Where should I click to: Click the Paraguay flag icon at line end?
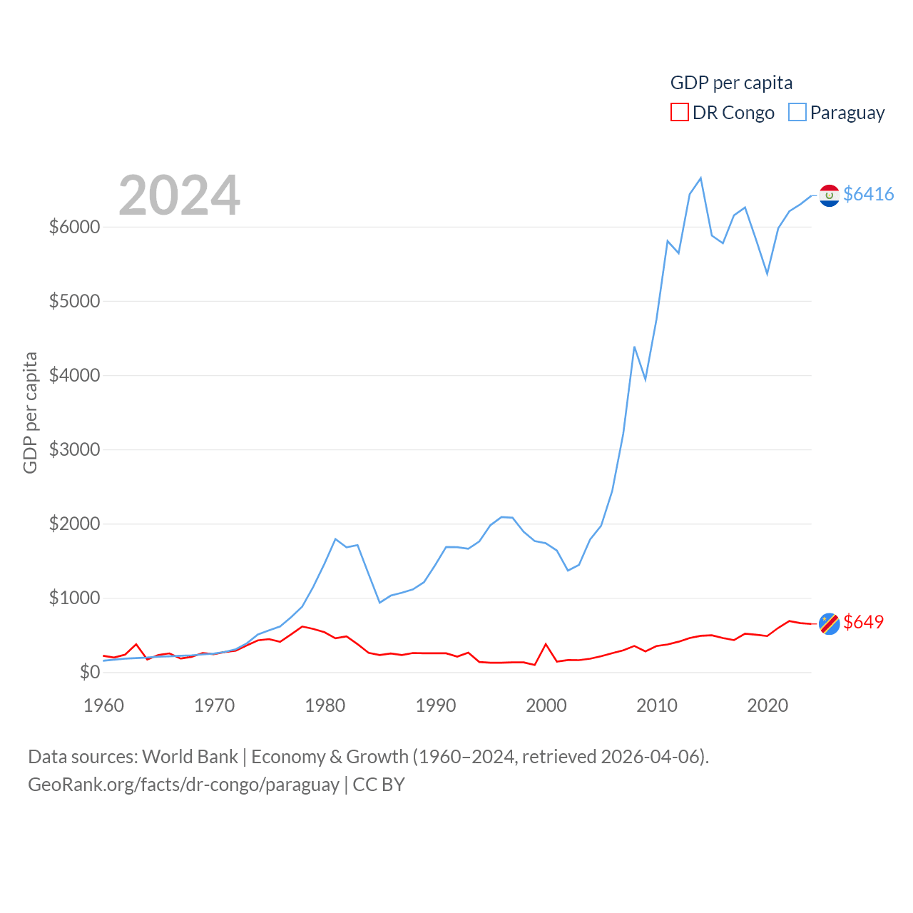[x=829, y=195]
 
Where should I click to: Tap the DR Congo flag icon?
[x=829, y=623]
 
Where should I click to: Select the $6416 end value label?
[x=868, y=194]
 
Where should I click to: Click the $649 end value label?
[x=863, y=622]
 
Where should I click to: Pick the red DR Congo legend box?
[x=679, y=113]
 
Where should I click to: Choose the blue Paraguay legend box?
[x=797, y=113]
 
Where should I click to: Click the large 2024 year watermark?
[x=179, y=195]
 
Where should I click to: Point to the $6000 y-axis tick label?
[x=74, y=227]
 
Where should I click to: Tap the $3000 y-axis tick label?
[x=74, y=449]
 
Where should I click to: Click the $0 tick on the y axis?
[x=90, y=672]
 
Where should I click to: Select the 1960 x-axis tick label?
[x=103, y=705]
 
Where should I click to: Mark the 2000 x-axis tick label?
[x=546, y=705]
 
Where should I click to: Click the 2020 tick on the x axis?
[x=767, y=705]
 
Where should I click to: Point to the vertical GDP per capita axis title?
[x=30, y=412]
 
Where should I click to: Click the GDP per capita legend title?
[x=731, y=83]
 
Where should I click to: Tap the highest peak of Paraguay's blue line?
[x=700, y=178]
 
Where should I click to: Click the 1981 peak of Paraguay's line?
[x=335, y=539]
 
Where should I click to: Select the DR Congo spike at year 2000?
[x=546, y=644]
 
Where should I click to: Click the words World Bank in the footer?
[x=190, y=756]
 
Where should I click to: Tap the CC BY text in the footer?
[x=379, y=785]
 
